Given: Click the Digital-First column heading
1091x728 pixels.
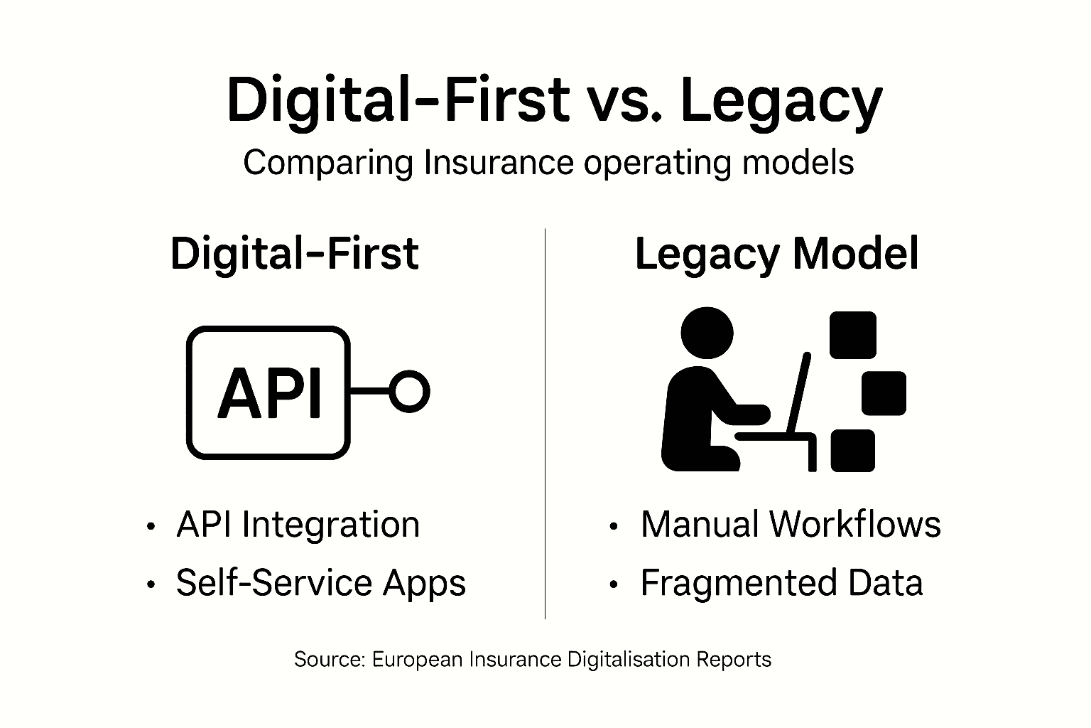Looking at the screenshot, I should point(294,254).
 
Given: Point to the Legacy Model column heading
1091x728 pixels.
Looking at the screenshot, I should point(776,254).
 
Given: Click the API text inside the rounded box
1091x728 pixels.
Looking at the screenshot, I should point(269,393).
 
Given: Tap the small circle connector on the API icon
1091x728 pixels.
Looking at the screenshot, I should point(410,392).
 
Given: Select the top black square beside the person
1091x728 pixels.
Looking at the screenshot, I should point(853,334).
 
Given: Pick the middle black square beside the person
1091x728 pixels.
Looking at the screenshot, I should point(884,392).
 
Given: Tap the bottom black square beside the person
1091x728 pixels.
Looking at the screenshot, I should point(852,450).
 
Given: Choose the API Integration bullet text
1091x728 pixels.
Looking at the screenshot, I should point(298,525).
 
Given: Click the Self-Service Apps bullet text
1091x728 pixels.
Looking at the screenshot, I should point(320,583).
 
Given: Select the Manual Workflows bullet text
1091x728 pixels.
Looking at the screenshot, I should point(791,525).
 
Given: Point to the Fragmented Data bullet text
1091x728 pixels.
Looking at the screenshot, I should point(781,583).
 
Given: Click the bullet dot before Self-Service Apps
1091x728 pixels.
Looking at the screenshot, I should point(150,584).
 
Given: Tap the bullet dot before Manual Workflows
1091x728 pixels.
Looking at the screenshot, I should point(614,526).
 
